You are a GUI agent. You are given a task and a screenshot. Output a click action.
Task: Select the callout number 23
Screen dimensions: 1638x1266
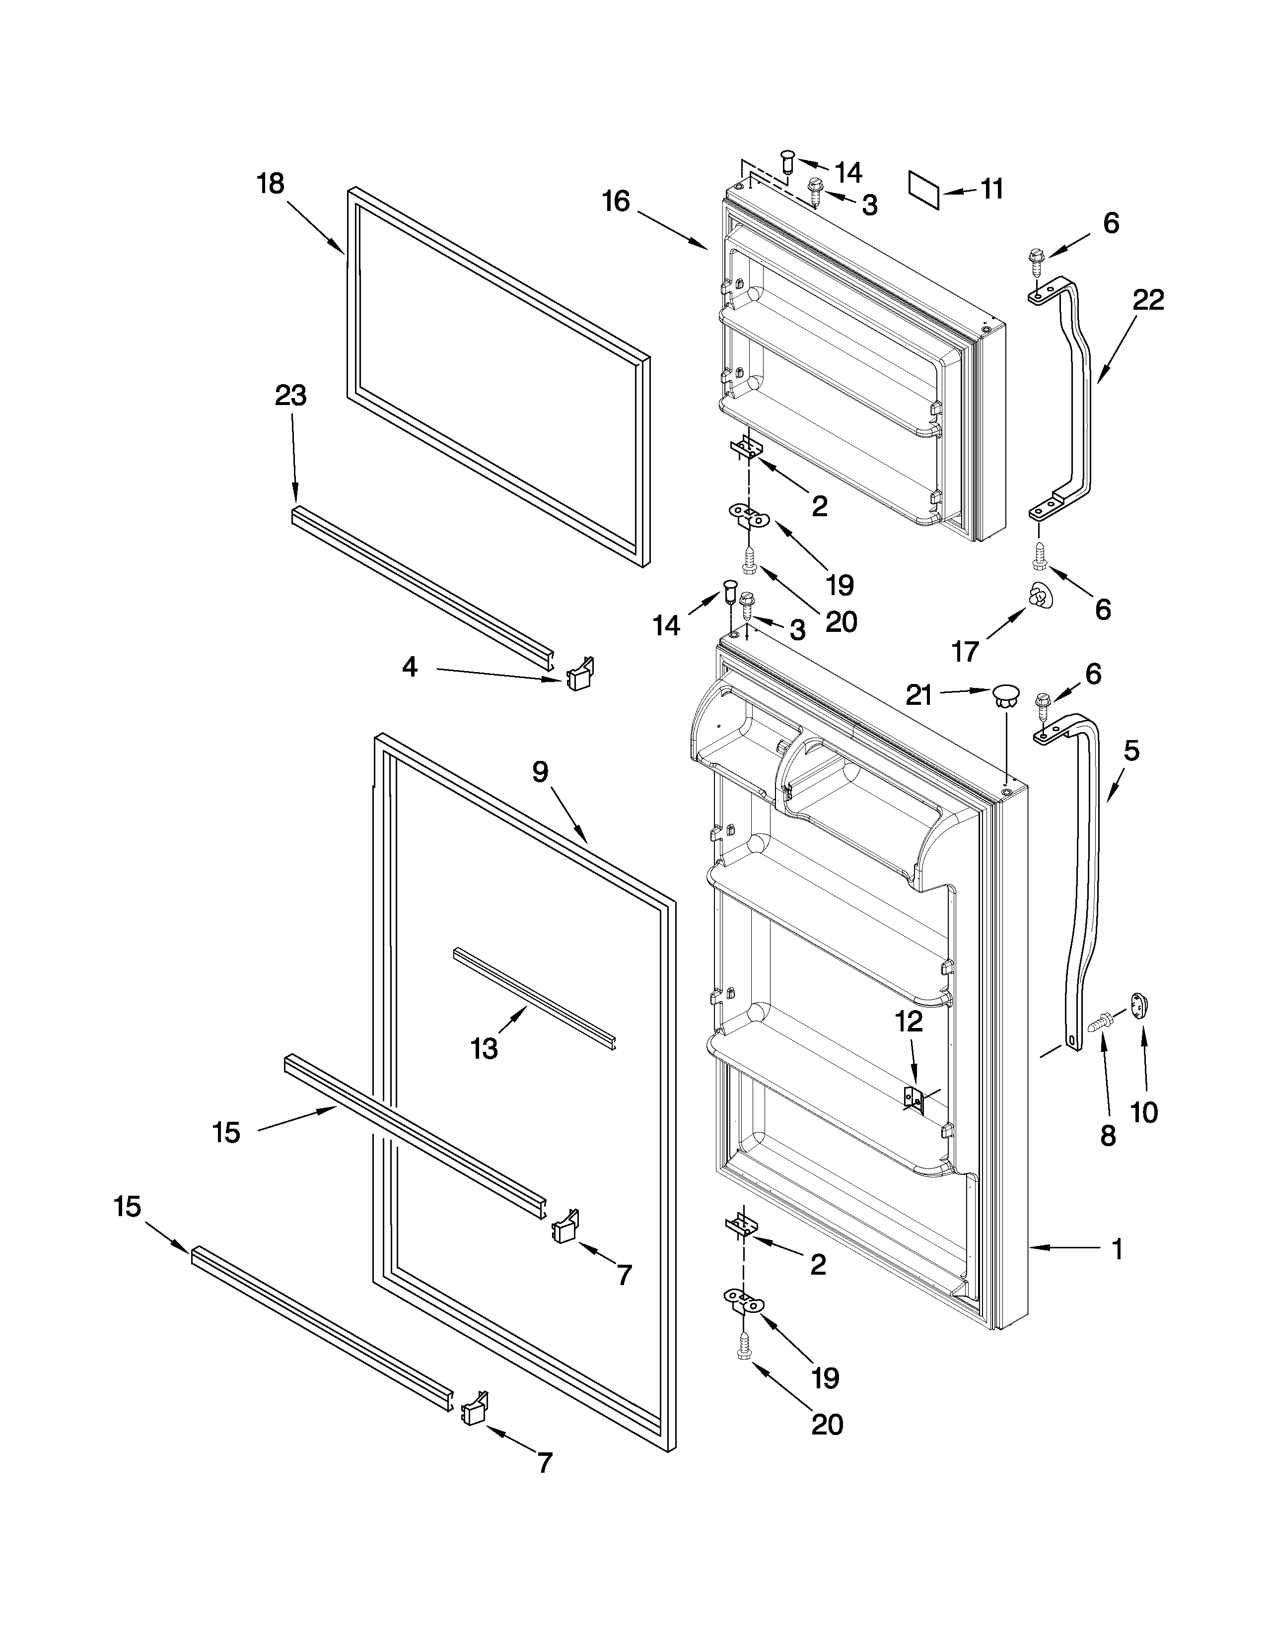click(x=291, y=395)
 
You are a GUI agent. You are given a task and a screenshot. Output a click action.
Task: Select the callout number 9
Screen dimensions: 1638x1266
click(x=541, y=772)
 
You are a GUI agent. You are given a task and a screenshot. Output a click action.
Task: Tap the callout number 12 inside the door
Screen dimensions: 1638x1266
click(x=909, y=1022)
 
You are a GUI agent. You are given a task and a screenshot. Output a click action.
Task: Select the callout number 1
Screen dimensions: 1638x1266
click(x=1117, y=1249)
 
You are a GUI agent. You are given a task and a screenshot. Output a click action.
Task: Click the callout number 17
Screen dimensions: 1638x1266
click(x=965, y=652)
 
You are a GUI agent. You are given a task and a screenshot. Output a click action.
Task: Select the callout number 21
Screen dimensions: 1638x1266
click(x=919, y=696)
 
